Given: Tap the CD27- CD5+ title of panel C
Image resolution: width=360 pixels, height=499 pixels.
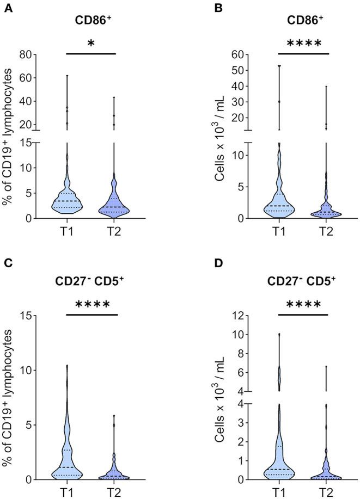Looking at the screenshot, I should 91,281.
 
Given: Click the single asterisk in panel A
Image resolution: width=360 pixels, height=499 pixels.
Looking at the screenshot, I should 91,44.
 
